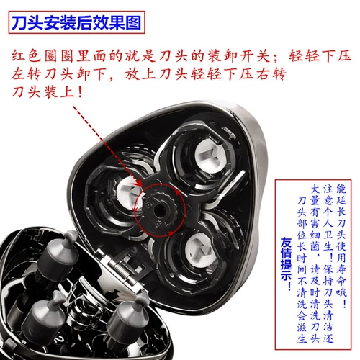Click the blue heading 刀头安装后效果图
click(x=76, y=22)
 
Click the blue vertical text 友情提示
click(x=286, y=264)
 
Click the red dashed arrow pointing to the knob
click(x=107, y=146)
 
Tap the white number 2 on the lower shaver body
click(x=58, y=338)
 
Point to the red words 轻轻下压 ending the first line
click(x=320, y=55)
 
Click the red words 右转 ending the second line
click(x=271, y=74)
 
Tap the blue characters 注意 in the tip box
click(x=328, y=194)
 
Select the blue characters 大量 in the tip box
click(x=315, y=194)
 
